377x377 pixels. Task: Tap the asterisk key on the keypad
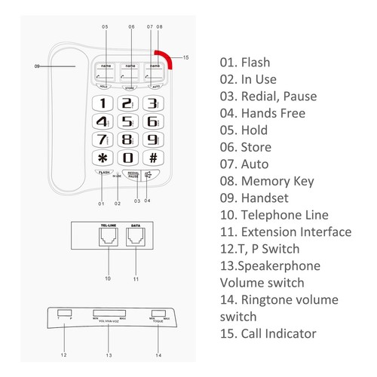tap(103, 158)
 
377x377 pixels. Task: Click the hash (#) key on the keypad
tap(153, 158)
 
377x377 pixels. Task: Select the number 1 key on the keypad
tap(103, 103)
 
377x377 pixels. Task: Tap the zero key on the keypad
tap(128, 158)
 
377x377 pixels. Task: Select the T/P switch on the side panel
tap(63, 312)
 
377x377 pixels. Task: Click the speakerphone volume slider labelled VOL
tap(108, 312)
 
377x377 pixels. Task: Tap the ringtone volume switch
tap(158, 312)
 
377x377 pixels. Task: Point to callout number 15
tap(186, 57)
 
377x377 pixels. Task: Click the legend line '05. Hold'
tap(244, 130)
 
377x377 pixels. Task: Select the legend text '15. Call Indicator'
tap(268, 333)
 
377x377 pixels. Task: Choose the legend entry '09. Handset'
tap(255, 198)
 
